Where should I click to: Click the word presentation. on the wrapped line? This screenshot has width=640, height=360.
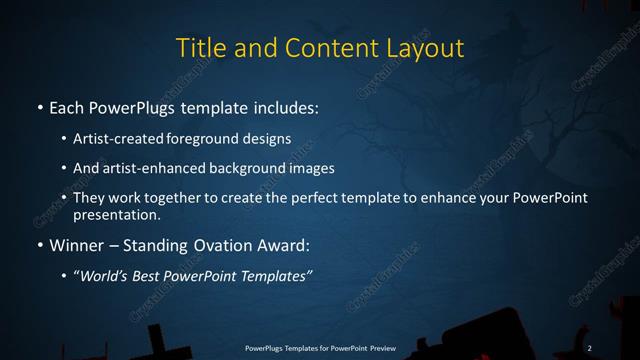(x=116, y=214)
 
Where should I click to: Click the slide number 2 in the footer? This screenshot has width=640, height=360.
(x=590, y=347)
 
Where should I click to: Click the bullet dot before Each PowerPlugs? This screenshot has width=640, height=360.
(x=39, y=106)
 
